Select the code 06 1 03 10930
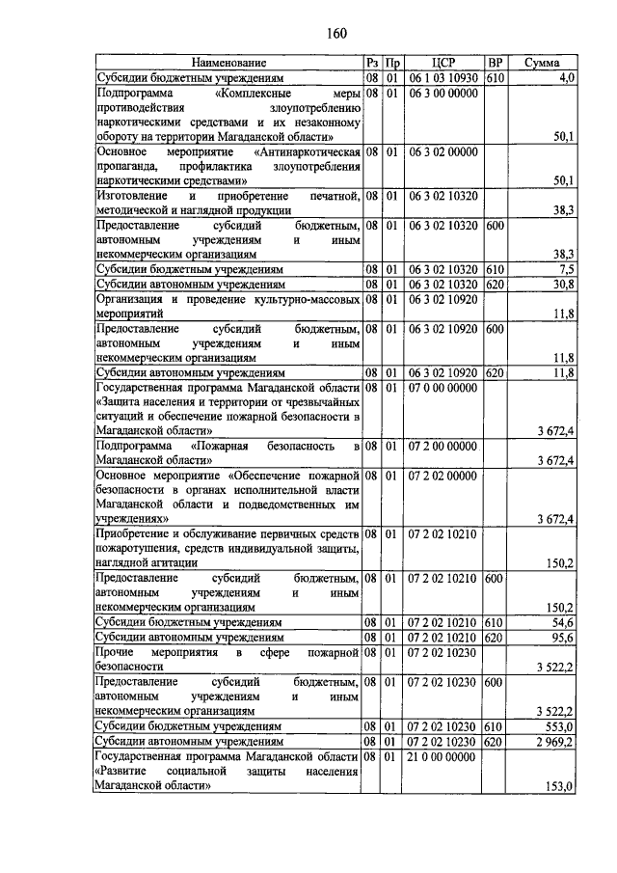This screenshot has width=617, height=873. pyautogui.click(x=443, y=77)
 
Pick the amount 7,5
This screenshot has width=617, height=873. pyautogui.click(x=565, y=269)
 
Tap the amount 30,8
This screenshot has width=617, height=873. pyautogui.click(x=562, y=285)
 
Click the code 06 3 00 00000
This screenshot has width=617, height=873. pyautogui.click(x=443, y=94)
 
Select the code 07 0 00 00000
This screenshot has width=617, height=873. pyautogui.click(x=443, y=387)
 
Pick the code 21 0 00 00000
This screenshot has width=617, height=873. pyautogui.click(x=443, y=756)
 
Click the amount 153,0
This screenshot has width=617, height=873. pyautogui.click(x=558, y=786)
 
